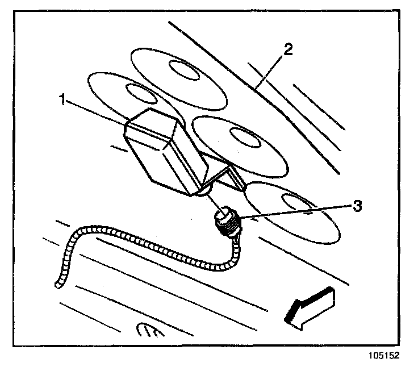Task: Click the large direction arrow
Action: (x=310, y=307)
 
